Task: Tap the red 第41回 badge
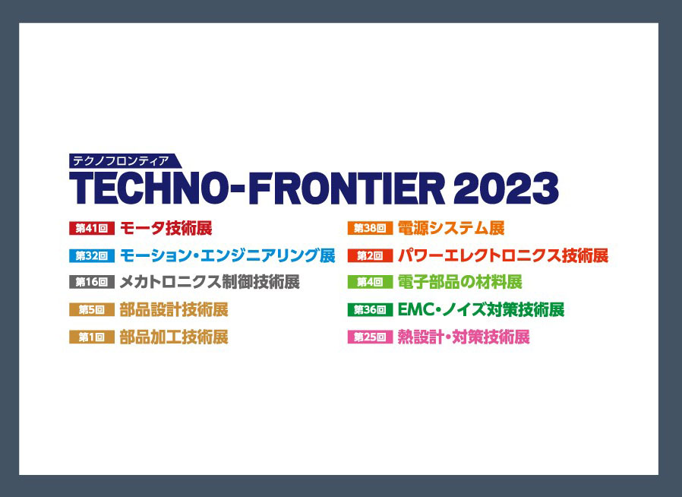(91, 228)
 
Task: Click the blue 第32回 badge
(91, 255)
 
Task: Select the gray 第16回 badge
(91, 283)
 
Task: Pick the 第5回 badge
(91, 310)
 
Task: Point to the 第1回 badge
(91, 337)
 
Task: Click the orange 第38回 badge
(370, 228)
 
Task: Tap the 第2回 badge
(370, 255)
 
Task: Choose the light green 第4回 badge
(370, 283)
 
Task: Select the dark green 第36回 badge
(370, 310)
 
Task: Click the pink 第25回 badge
(370, 337)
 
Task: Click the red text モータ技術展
(166, 228)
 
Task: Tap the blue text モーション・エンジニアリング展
(227, 255)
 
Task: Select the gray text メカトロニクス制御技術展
(210, 283)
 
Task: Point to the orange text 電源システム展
(451, 228)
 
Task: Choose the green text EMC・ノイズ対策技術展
(481, 310)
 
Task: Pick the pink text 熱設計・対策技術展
(463, 337)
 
